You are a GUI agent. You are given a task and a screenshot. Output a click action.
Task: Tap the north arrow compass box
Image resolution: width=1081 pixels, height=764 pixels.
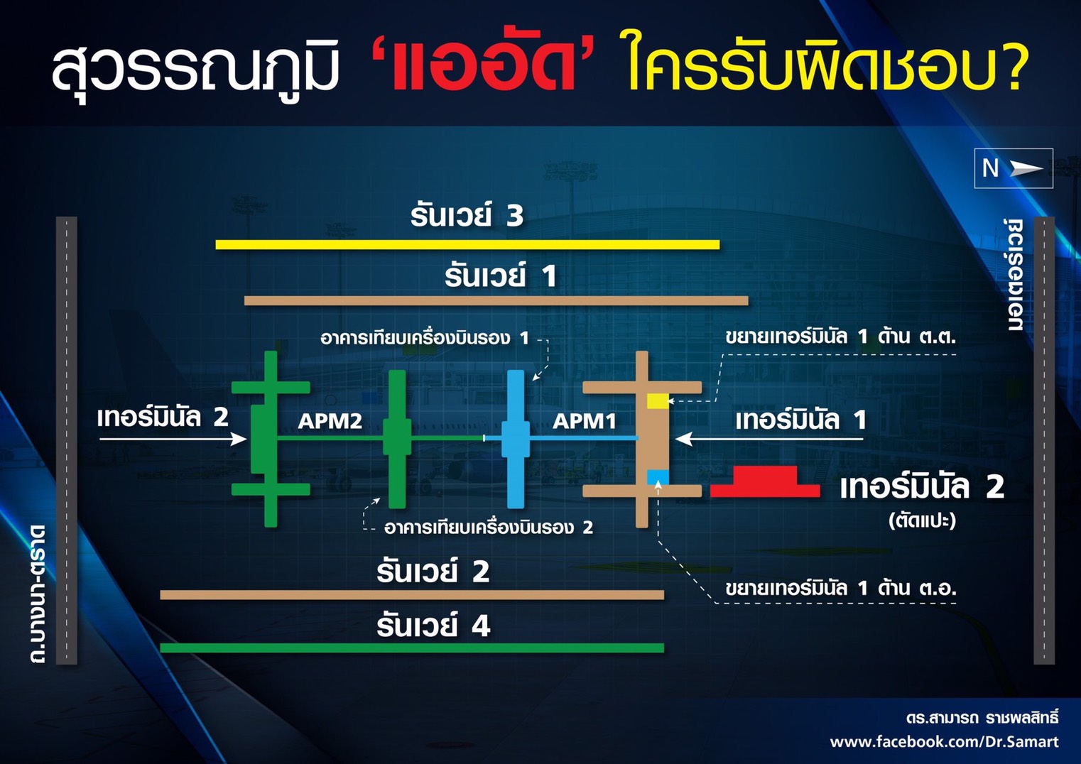tap(1014, 168)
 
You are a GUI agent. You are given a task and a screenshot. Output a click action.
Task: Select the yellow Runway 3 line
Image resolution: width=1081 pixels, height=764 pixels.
tap(467, 244)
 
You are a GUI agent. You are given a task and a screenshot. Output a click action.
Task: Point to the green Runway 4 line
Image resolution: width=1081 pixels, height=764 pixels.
tap(412, 648)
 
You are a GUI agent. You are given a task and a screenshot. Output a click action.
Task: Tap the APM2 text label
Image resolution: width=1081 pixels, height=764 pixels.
tap(330, 421)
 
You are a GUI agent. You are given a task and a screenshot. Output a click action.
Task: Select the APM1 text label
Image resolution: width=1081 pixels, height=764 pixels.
tap(584, 421)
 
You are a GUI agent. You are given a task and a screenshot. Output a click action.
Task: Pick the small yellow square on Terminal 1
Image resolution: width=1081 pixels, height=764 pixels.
tap(658, 400)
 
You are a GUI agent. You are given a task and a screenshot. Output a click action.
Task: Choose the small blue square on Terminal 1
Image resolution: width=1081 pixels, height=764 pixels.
tap(658, 477)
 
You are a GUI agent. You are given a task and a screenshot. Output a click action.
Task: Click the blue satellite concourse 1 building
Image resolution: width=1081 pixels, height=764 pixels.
tap(516, 439)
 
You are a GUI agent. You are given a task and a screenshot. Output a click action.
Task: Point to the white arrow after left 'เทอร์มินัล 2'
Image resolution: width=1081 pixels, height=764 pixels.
tap(173, 439)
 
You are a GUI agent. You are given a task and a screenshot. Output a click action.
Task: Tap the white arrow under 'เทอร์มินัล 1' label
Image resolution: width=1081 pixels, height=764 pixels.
tap(769, 439)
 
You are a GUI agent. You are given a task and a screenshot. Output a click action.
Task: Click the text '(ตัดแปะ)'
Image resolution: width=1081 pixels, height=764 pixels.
tap(922, 520)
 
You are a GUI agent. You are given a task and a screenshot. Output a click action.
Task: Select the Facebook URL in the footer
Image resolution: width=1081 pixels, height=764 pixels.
tap(945, 741)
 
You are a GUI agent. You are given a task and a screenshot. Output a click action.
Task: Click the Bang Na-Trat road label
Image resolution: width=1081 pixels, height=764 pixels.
tap(38, 594)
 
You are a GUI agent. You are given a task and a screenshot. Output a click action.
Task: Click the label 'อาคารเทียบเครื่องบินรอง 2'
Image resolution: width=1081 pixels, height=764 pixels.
tap(489, 527)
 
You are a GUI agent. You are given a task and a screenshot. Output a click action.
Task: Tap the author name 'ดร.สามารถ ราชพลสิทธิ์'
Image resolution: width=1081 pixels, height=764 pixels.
tap(982, 718)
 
